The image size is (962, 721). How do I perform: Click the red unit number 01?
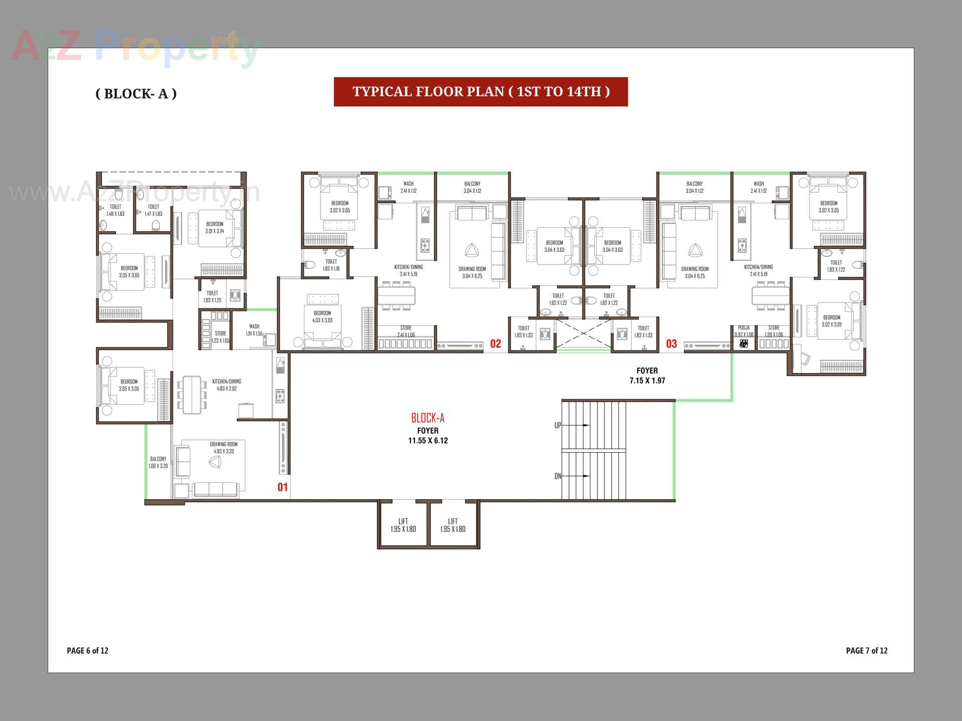click(x=283, y=487)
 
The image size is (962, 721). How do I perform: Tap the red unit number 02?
click(x=495, y=343)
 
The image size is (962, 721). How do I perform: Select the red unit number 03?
click(x=671, y=343)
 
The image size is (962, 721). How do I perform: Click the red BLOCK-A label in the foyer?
click(x=427, y=418)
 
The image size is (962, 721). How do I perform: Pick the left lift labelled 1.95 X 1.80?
click(x=403, y=525)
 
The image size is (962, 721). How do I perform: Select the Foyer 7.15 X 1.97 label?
click(x=647, y=376)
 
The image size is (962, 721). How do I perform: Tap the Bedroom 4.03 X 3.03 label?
click(x=322, y=316)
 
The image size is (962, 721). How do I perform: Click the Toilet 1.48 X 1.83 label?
click(x=115, y=210)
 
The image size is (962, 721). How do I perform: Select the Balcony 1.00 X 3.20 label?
click(x=158, y=462)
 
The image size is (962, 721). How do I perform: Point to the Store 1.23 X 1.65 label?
click(x=220, y=336)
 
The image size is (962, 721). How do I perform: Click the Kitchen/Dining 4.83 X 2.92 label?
click(x=226, y=385)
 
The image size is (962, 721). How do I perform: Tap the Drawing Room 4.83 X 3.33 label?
click(x=223, y=448)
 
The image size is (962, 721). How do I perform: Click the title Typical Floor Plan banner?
click(x=480, y=92)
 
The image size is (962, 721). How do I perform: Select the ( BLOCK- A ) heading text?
click(x=136, y=94)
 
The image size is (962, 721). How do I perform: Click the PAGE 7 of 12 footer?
click(x=866, y=650)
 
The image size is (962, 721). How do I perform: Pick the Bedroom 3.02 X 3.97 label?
click(x=831, y=320)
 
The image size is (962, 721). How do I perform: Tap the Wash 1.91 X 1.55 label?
click(x=254, y=329)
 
